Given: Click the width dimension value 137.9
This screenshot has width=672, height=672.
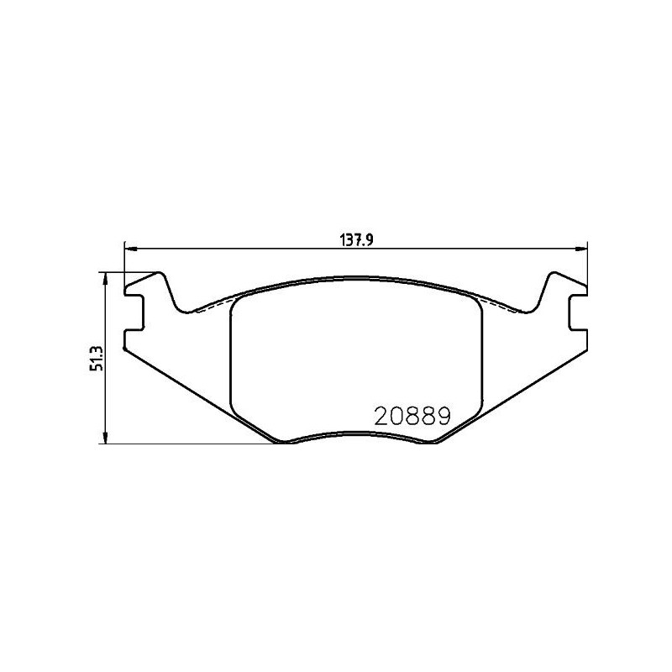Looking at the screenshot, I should tap(356, 239).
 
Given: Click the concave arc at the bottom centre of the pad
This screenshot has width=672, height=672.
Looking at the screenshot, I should tap(355, 436).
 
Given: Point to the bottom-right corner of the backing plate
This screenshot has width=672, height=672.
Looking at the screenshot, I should tap(436, 442).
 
